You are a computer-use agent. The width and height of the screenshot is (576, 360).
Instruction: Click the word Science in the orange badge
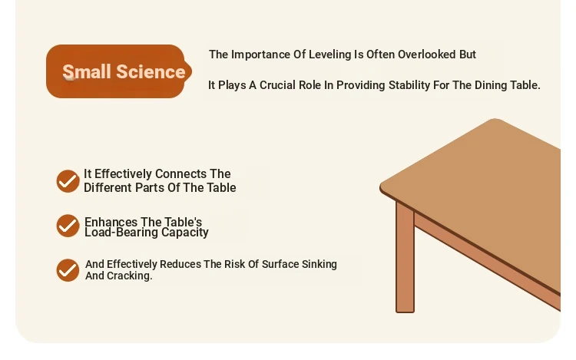pyautogui.click(x=151, y=71)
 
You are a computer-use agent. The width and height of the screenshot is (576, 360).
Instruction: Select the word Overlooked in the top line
pyautogui.click(x=426, y=54)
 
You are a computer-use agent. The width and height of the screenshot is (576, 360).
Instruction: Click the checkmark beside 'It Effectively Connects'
pyautogui.click(x=68, y=181)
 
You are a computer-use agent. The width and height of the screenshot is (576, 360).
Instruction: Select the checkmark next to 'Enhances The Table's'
pyautogui.click(x=68, y=226)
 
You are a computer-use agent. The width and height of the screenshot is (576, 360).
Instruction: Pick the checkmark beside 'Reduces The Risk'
pyautogui.click(x=68, y=270)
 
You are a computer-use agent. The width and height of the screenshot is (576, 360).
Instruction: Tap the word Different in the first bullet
pyautogui.click(x=108, y=187)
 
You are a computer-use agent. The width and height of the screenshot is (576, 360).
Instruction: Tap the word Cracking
pyautogui.click(x=129, y=276)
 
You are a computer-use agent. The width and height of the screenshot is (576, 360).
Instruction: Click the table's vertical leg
pyautogui.click(x=405, y=257)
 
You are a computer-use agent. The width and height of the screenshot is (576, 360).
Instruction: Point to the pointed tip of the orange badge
pyautogui.click(x=192, y=71)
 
